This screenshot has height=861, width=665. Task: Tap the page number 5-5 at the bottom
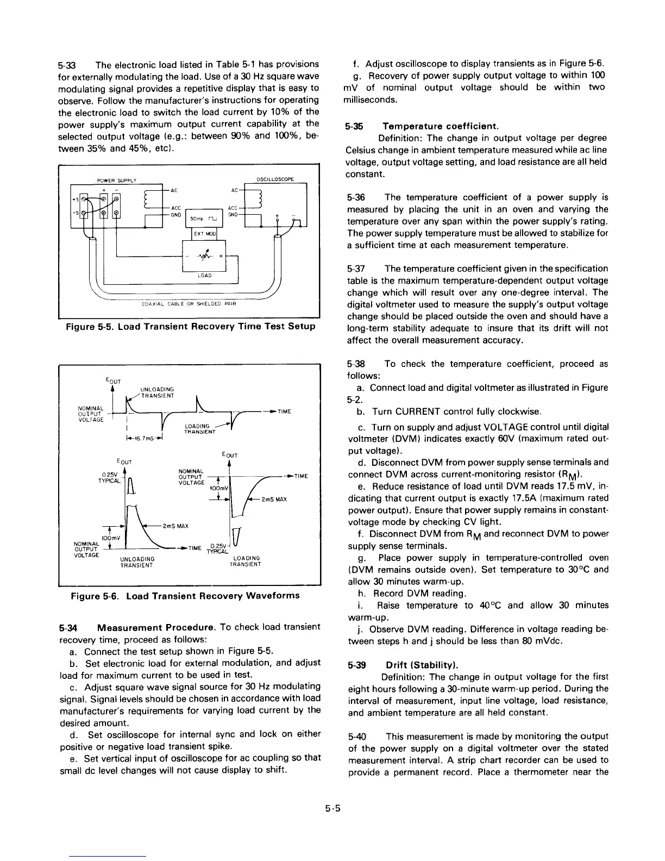pos(332,808)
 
